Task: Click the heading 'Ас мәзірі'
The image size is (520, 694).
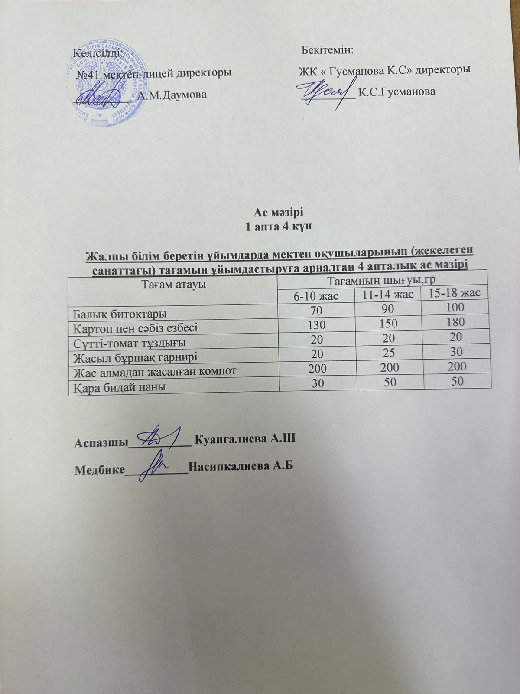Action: pyautogui.click(x=279, y=213)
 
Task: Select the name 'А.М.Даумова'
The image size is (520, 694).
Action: pyautogui.click(x=172, y=94)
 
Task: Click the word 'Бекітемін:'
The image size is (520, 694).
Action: pyautogui.click(x=328, y=50)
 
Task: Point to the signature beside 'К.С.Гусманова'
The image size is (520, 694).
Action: pyautogui.click(x=323, y=92)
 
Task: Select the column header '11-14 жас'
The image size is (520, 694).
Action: pyautogui.click(x=387, y=295)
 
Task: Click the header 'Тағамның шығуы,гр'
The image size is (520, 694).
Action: pyautogui.click(x=382, y=282)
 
